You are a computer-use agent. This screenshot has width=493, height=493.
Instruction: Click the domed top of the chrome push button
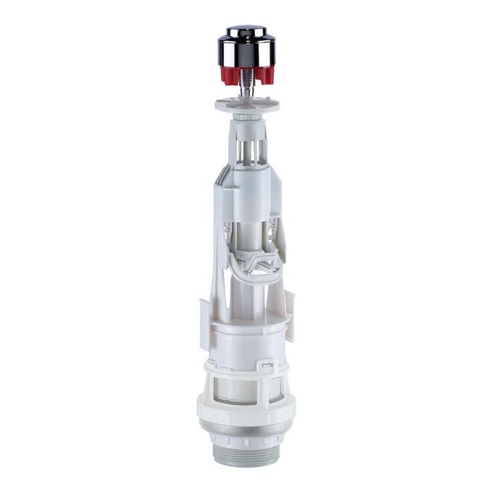point(246,32)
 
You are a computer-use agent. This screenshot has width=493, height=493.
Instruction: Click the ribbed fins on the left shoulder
point(220,180)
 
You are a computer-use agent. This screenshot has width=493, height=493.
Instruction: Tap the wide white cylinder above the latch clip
point(246,338)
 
